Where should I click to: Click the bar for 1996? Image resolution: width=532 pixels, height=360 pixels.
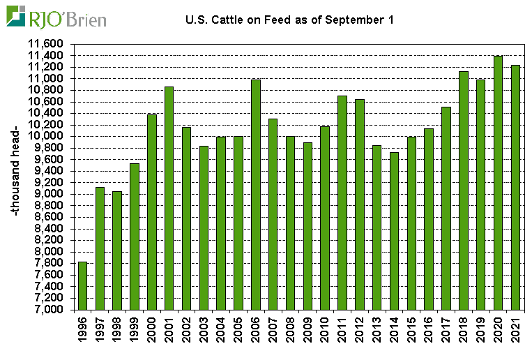83,285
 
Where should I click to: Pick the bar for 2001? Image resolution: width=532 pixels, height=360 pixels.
169,198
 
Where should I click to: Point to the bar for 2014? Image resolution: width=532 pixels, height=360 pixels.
395,231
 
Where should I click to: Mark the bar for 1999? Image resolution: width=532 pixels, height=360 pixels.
135,237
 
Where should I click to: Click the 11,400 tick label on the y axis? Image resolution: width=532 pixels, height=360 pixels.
46,56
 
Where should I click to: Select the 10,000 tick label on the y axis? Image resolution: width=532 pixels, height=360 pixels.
46,137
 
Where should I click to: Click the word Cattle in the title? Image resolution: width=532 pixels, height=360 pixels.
224,20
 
